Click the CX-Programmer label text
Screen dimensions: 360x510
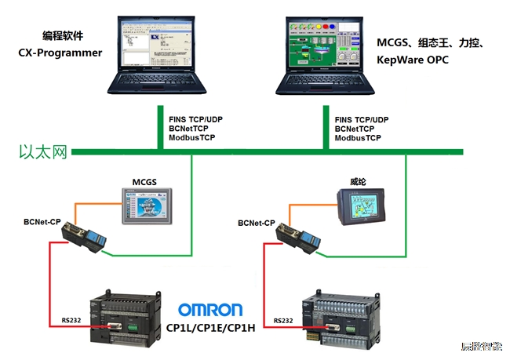tap(60, 53)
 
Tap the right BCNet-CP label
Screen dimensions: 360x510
tap(257, 224)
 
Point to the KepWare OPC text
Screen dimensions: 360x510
tap(413, 59)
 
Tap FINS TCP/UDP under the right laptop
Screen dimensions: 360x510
tap(362, 119)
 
